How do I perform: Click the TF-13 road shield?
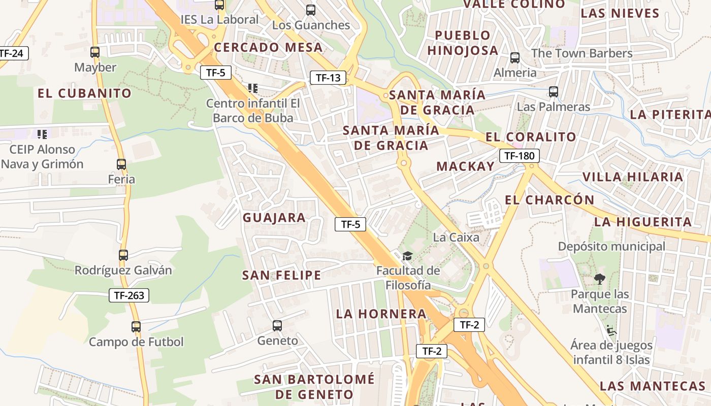328,78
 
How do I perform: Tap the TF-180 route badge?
519,156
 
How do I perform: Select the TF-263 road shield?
129,295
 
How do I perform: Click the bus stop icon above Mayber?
95,52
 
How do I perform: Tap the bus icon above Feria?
121,164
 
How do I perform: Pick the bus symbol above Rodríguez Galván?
123,255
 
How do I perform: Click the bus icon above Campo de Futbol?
136,327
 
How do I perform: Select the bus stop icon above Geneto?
277,326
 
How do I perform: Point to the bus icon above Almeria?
515,58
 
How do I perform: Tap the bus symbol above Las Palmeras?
554,92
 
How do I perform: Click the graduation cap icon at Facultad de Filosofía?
407,255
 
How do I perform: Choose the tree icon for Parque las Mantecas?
600,279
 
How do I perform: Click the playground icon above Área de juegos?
611,330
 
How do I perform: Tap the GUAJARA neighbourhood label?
274,218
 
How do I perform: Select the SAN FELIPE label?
281,275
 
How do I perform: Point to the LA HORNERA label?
381,314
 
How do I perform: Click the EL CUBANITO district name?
84,93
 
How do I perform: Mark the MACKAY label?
465,166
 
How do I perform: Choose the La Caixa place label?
456,237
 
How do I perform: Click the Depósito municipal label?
611,246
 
